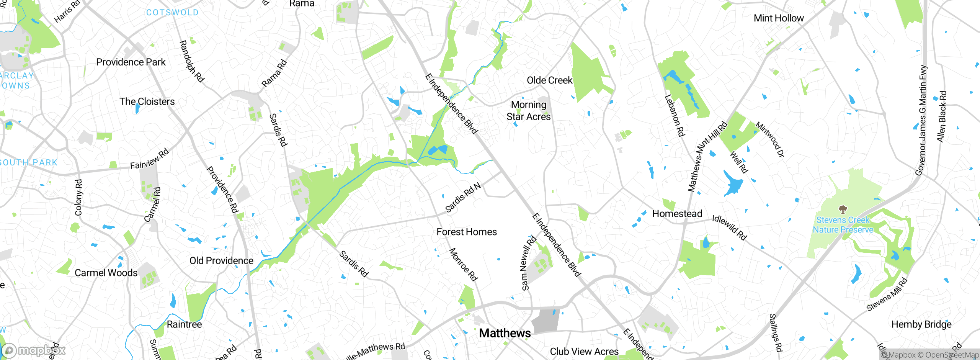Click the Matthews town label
505,333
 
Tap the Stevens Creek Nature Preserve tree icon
842,209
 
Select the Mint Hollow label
778,18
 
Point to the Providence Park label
131,62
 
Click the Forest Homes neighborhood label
466,232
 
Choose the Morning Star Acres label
528,110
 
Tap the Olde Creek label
549,80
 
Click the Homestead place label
677,214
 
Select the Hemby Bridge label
921,324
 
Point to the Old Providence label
221,261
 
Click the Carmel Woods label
106,273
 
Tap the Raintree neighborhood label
184,324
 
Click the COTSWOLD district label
172,13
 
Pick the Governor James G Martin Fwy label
923,120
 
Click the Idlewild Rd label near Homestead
729,227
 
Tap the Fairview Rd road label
149,159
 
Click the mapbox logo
34,350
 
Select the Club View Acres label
584,351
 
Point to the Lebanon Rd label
675,116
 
